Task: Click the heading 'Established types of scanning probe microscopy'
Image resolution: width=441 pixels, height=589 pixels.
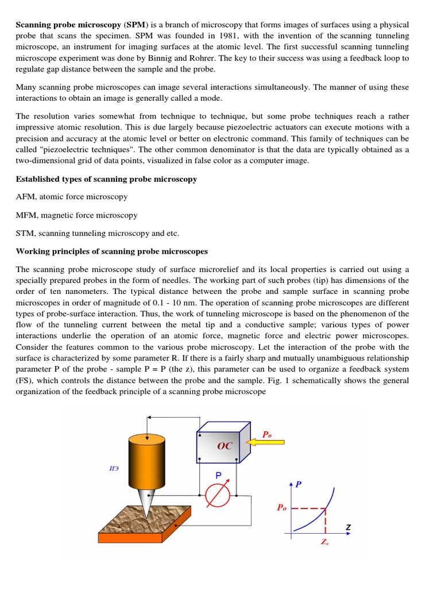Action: (106, 179)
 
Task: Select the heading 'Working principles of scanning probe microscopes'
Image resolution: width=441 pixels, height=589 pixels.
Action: (112, 251)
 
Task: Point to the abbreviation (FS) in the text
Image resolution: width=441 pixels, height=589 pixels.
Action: (26, 380)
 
